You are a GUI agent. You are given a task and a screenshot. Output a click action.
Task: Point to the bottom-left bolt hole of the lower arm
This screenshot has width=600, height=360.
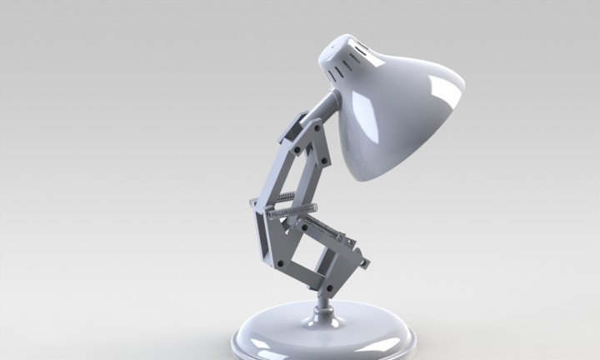[x=279, y=263]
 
